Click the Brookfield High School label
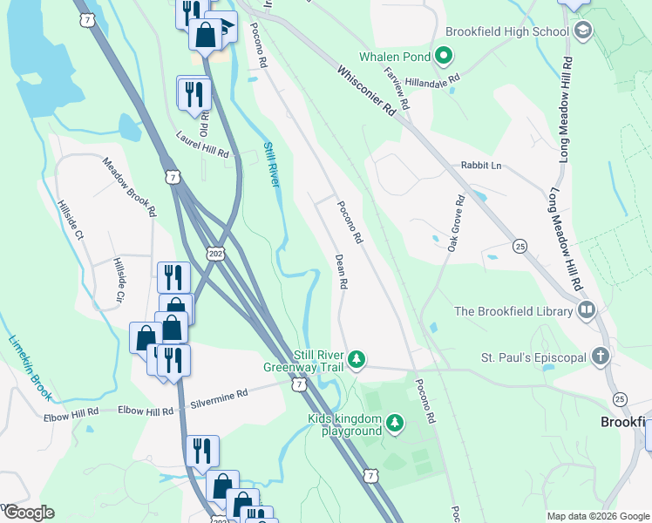coord(506,31)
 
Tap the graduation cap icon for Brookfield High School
coord(583,32)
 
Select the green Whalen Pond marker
coord(444,58)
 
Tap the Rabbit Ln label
coord(482,166)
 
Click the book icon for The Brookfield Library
coord(587,311)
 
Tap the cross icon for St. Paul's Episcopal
coord(599,357)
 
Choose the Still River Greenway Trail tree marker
coord(356,359)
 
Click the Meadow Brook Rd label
coord(129,187)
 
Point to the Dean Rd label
coord(342,272)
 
